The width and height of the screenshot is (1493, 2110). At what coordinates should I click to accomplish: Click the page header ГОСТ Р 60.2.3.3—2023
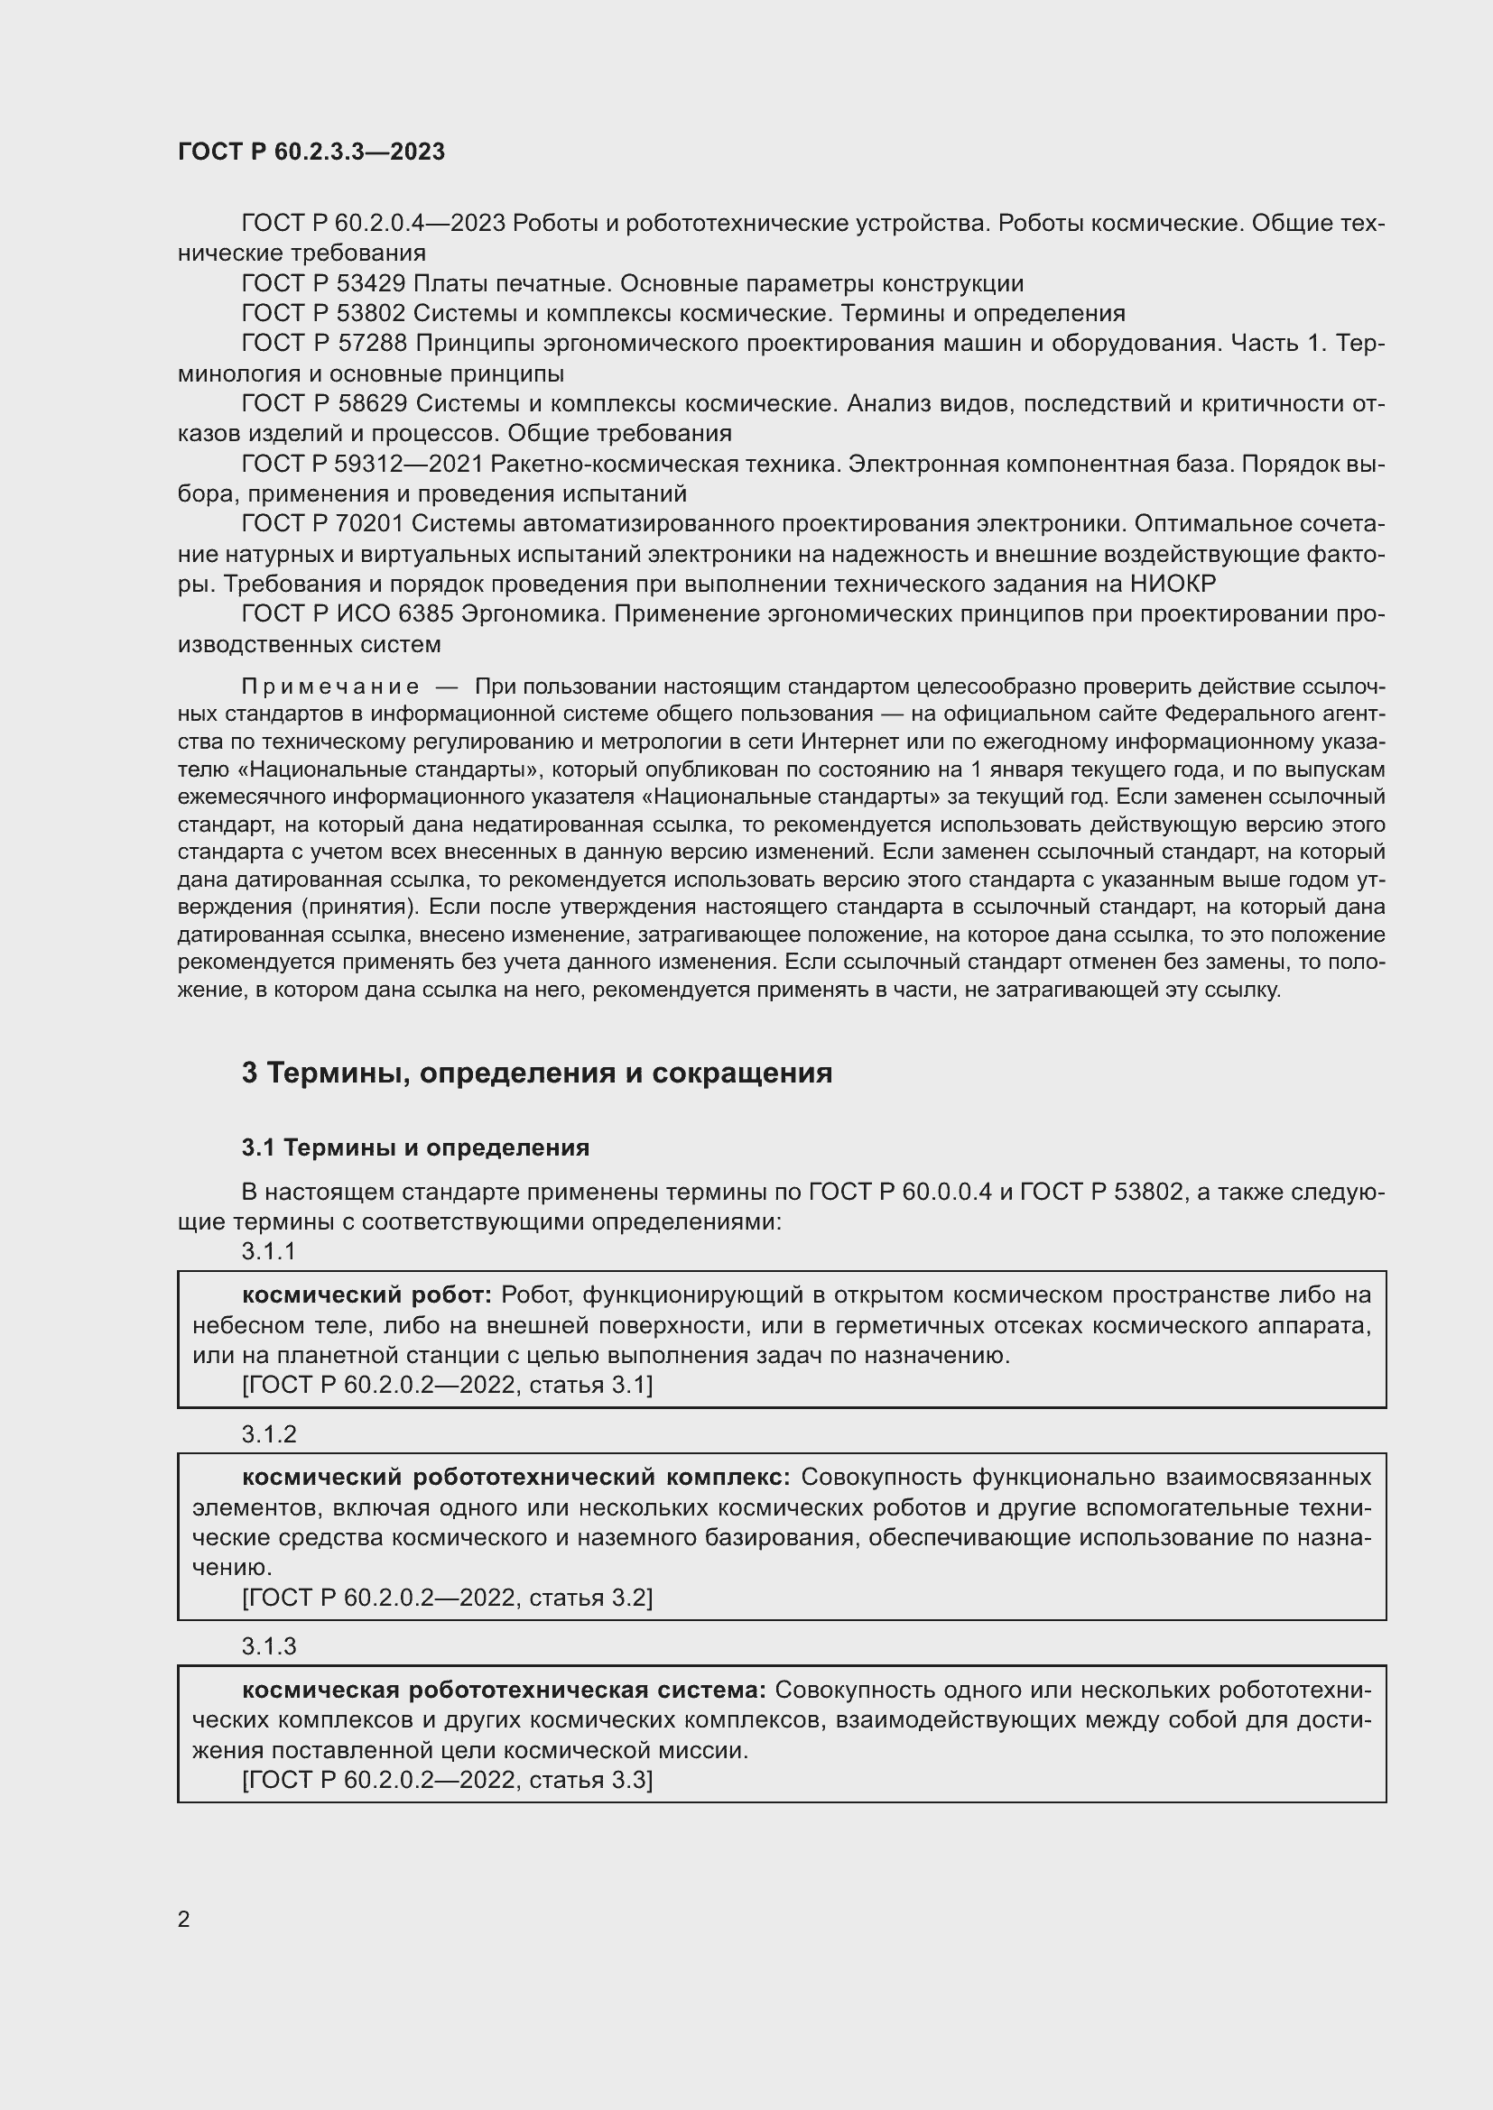click(311, 152)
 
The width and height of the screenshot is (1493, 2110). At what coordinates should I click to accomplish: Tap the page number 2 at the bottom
click(184, 1919)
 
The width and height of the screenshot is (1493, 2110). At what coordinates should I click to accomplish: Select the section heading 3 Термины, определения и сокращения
click(536, 1073)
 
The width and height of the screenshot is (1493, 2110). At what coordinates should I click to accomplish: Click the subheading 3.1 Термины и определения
click(414, 1147)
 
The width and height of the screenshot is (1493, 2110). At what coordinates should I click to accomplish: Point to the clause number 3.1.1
click(268, 1250)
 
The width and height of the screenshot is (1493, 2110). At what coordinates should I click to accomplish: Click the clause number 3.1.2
click(268, 1433)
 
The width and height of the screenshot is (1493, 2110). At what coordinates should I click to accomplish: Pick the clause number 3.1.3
click(268, 1646)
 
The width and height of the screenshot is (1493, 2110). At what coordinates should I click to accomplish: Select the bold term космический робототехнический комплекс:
click(515, 1477)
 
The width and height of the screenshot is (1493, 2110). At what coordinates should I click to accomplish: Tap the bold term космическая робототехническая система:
click(503, 1690)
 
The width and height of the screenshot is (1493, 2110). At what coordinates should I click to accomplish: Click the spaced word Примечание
click(330, 686)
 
